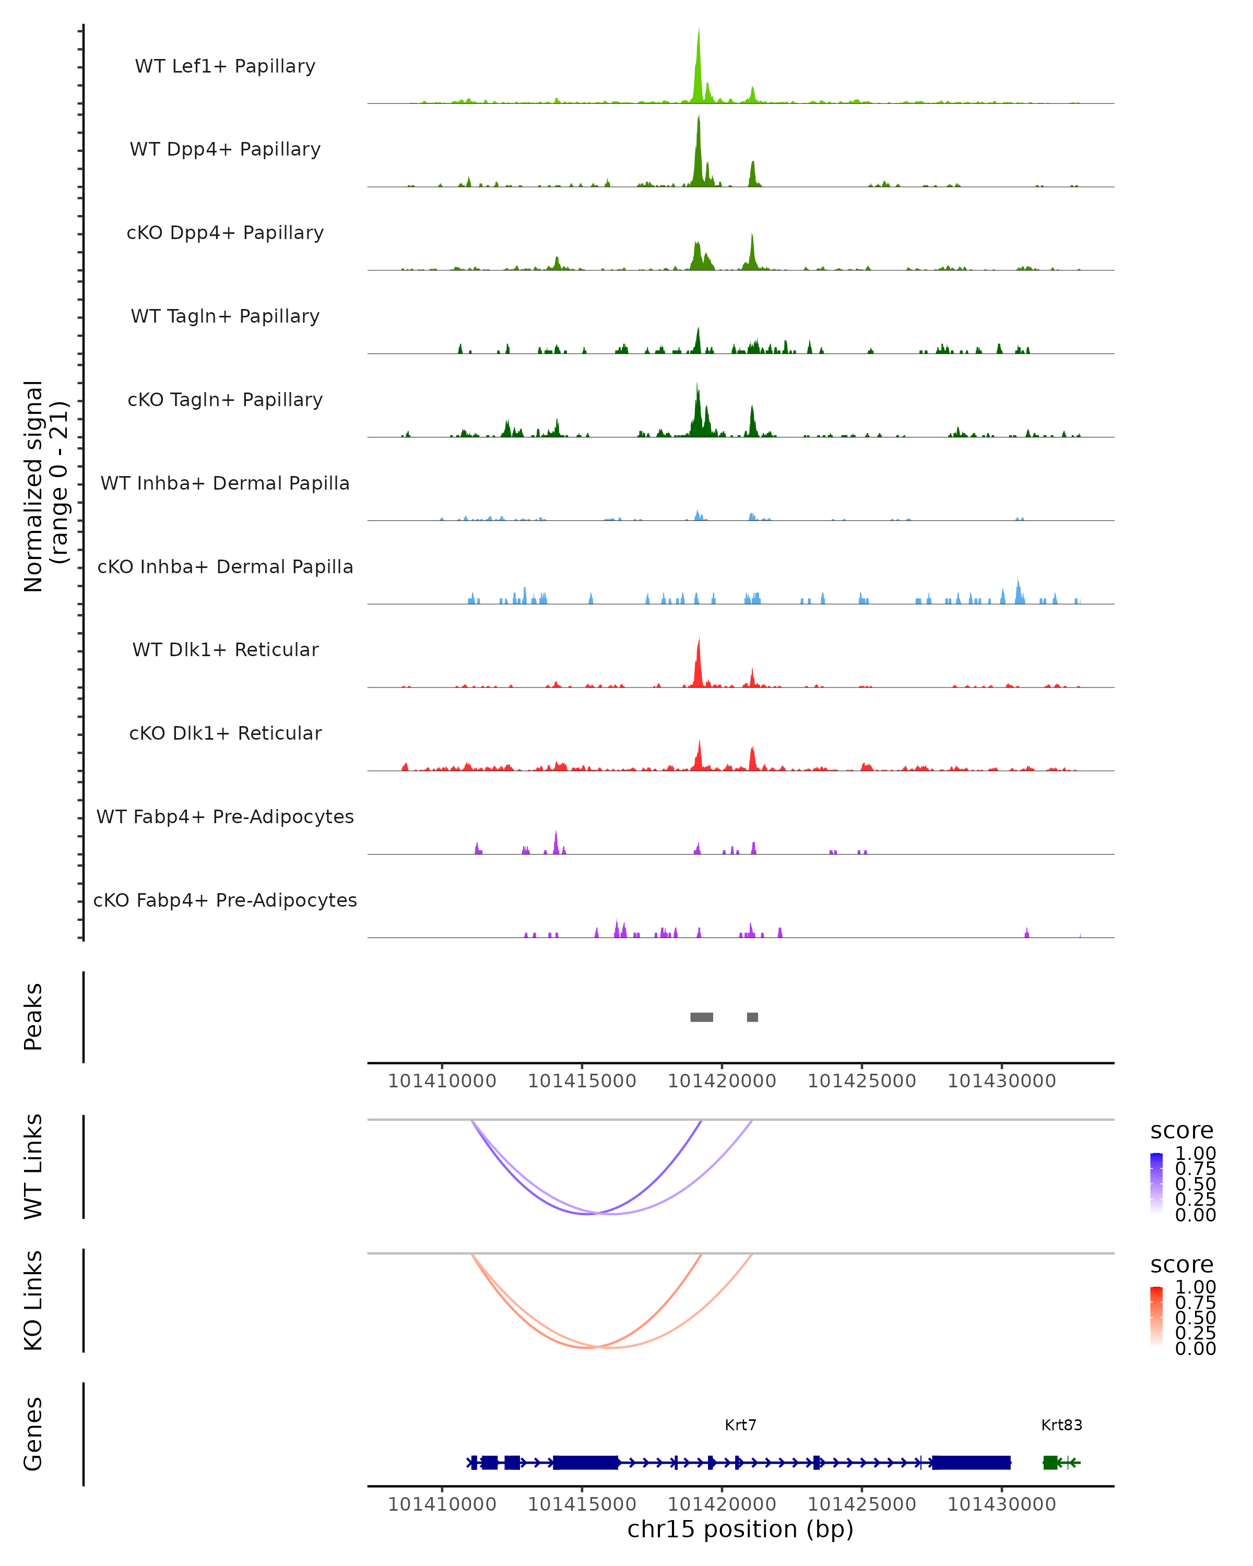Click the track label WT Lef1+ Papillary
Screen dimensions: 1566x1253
[x=225, y=66]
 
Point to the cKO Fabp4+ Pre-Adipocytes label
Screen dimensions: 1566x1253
[x=225, y=900]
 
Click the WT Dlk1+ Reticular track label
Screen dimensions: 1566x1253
[x=225, y=649]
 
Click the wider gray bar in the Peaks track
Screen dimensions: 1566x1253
[x=702, y=1017]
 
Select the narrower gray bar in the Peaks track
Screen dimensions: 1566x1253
[x=752, y=1017]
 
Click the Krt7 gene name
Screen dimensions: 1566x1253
[x=740, y=1425]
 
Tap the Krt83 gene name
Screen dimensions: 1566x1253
[x=1061, y=1425]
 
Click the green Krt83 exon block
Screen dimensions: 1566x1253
[x=1050, y=1462]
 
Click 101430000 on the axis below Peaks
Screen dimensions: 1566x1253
[x=1002, y=1081]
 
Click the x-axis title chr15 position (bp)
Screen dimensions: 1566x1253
[x=740, y=1529]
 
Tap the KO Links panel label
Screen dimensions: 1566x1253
[x=33, y=1300]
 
